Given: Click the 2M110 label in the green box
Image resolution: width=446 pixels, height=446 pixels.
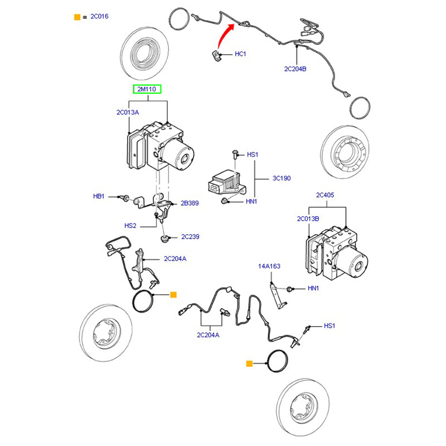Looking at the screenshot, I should tap(147, 89).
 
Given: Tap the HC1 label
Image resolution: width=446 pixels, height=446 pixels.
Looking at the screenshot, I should tap(240, 54).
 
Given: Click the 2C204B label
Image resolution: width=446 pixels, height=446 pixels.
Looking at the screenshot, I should tap(295, 69).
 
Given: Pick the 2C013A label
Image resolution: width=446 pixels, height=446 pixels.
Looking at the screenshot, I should tap(128, 112).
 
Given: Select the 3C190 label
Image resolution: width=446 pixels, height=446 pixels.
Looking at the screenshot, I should tap(282, 178).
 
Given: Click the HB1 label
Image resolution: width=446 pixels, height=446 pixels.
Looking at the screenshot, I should tap(99, 197).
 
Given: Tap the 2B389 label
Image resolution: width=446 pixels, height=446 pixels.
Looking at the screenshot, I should tap(190, 203).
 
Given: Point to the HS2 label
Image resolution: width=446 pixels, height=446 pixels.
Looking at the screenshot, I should tap(130, 226).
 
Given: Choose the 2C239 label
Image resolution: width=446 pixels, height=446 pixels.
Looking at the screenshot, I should tap(190, 237).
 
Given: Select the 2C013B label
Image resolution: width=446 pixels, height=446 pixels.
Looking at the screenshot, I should tap(308, 218).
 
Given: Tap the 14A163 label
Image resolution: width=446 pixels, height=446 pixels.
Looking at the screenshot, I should tap(269, 266).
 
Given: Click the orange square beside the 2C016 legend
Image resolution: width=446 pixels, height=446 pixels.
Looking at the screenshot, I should tap(77, 17).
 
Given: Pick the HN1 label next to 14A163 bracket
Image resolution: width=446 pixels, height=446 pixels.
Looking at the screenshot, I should tap(313, 288).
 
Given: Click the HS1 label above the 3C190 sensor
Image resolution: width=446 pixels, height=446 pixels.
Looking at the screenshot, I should tap(253, 154).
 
